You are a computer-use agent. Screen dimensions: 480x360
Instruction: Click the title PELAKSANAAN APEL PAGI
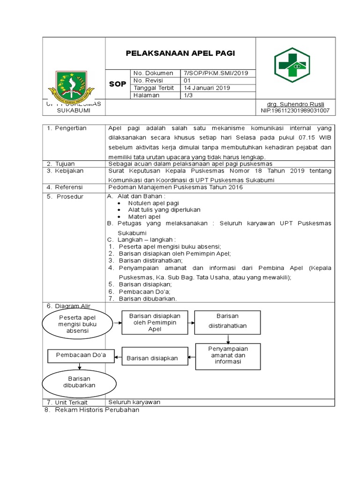(x=180, y=53)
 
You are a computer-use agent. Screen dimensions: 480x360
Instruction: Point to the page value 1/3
(x=187, y=95)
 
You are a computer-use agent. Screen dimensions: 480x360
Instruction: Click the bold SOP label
(x=118, y=84)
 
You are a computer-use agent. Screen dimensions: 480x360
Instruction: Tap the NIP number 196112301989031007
(x=295, y=111)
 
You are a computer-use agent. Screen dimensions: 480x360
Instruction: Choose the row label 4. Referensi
(x=65, y=187)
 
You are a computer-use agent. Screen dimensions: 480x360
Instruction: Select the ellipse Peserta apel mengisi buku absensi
(x=77, y=323)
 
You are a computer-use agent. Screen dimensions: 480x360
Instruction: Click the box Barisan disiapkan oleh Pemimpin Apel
(x=154, y=322)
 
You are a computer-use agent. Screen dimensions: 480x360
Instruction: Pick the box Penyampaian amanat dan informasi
(x=228, y=355)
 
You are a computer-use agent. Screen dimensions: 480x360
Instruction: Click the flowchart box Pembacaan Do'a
(x=81, y=355)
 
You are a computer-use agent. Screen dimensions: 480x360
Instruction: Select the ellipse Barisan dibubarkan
(x=76, y=382)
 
